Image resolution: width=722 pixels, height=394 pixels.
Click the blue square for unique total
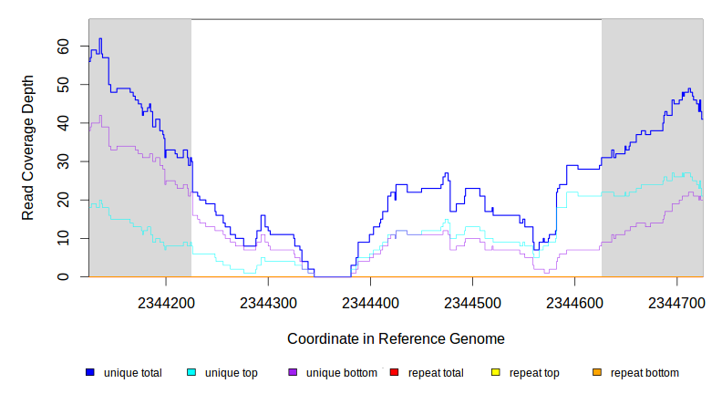pos(90,372)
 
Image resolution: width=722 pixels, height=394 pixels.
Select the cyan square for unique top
pos(191,372)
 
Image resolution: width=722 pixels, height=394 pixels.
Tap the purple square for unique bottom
pos(293,372)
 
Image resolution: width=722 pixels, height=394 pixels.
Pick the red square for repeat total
pos(394,372)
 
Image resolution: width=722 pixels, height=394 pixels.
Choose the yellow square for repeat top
pos(496,372)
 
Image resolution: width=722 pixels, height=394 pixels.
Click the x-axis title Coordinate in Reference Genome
pos(396,338)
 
